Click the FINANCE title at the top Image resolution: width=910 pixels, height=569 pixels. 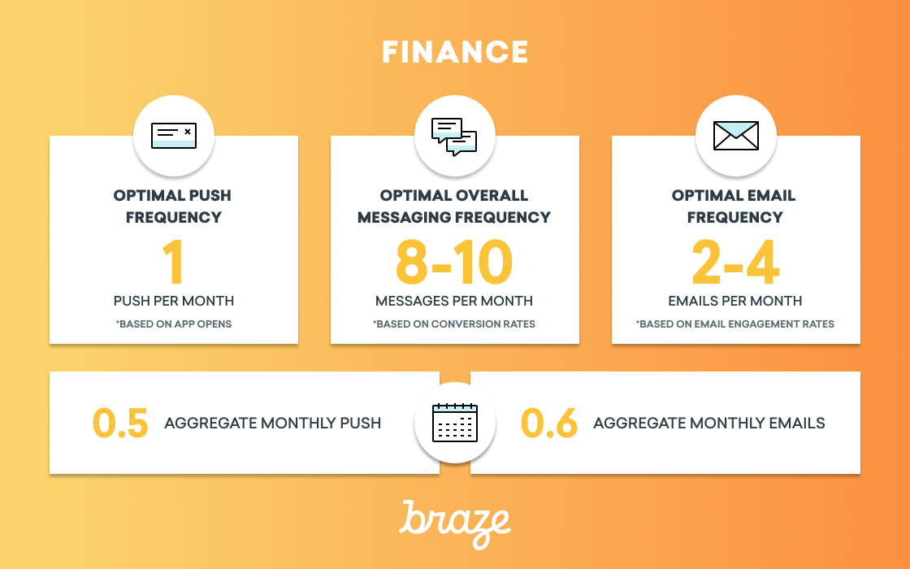click(x=455, y=52)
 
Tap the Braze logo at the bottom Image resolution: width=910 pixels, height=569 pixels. click(x=455, y=523)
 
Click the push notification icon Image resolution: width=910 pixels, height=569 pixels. click(x=174, y=135)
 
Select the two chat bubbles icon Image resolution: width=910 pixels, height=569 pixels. click(x=454, y=137)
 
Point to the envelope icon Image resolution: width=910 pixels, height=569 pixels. click(x=736, y=135)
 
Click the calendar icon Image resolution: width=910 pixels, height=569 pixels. click(x=455, y=423)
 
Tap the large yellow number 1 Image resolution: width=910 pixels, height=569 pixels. click(x=173, y=263)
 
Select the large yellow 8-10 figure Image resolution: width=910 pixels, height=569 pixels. click(x=454, y=263)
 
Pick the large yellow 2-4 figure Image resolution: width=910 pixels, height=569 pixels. click(x=735, y=263)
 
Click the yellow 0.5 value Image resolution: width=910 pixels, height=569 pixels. click(x=120, y=423)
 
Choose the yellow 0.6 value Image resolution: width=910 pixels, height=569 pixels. click(x=549, y=423)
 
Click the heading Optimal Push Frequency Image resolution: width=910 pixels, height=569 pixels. click(x=173, y=206)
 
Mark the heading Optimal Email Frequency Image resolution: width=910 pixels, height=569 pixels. click(x=734, y=206)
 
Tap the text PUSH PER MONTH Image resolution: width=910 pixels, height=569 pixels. click(x=174, y=301)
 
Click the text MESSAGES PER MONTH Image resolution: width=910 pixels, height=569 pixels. click(x=454, y=301)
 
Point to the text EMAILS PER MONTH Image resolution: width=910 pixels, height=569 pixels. click(x=735, y=301)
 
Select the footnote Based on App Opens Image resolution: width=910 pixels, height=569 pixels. click(x=174, y=324)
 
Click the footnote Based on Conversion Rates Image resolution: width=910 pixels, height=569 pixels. click(x=454, y=324)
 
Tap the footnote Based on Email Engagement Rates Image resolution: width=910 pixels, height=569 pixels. click(x=734, y=324)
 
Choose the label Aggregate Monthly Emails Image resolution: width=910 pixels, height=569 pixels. click(x=708, y=423)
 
